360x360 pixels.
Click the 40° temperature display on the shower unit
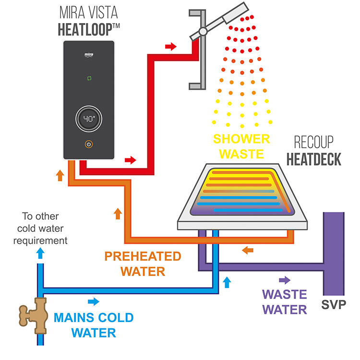tap(90, 119)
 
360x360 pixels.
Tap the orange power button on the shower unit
tap(89, 144)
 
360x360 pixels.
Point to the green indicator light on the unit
tap(89, 77)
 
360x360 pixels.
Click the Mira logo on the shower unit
tap(89, 49)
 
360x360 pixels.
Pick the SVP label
tap(334, 304)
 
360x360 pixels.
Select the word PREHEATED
tap(144, 257)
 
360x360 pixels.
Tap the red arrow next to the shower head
tap(170, 47)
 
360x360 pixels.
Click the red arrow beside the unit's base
tap(130, 160)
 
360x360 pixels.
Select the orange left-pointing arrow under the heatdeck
tap(248, 250)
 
